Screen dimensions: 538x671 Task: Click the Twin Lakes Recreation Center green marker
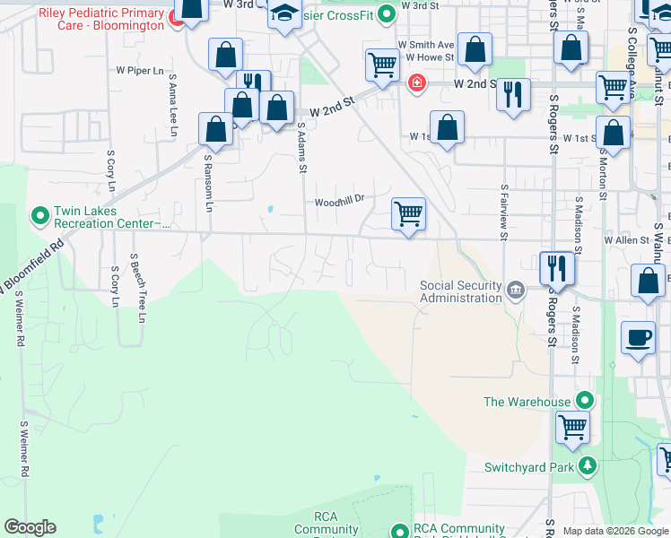[x=40, y=215]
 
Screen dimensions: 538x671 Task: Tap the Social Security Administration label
[x=460, y=291]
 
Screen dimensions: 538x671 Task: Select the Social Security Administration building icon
[x=516, y=289]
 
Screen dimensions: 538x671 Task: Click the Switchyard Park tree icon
[x=588, y=465]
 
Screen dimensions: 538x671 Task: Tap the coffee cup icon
[x=638, y=338]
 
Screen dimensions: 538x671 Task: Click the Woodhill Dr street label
[x=338, y=202]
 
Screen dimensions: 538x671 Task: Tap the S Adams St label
[x=302, y=150]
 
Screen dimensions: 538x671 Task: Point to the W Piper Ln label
[x=141, y=69]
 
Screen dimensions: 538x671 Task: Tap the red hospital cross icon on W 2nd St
[x=416, y=84]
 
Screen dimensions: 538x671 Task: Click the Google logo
[x=30, y=527]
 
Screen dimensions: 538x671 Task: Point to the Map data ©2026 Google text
[x=614, y=531]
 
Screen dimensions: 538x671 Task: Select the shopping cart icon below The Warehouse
[x=571, y=426]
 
